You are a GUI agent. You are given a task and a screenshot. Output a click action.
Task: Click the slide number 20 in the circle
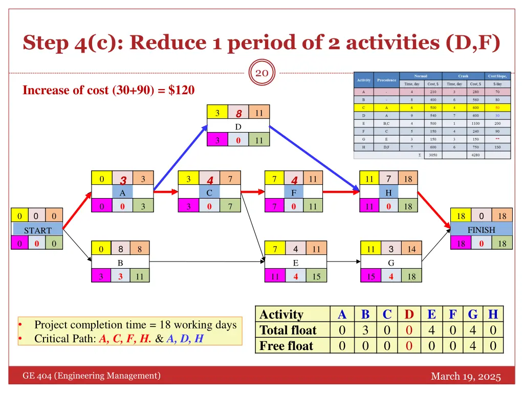coord(262,73)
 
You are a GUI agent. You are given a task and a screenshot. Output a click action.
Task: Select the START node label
coord(38,230)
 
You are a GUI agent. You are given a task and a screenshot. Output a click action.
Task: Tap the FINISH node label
coord(481,230)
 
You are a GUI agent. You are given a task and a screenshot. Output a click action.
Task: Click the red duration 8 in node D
coord(238,113)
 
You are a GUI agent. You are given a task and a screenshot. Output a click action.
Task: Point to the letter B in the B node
coord(120,263)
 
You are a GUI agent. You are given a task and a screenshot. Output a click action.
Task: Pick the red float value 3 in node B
coord(121,277)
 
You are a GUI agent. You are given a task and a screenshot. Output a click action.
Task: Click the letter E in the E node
coord(295,263)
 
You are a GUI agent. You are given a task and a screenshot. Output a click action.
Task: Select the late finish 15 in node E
coord(316,277)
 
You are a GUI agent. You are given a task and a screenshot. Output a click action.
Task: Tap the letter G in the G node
coord(390,263)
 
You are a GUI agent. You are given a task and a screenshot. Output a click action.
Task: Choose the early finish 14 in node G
coord(411,249)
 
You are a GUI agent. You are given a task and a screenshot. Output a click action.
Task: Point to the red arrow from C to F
coord(253,192)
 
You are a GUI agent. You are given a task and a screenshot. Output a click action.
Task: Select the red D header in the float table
coord(409,314)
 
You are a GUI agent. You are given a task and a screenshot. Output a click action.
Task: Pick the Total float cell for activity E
coord(431,330)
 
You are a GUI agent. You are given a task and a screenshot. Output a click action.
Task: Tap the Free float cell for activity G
coord(473,346)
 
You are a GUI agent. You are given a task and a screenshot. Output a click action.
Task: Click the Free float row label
coord(287,346)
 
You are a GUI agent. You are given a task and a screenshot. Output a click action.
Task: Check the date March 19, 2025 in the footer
coord(466,377)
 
